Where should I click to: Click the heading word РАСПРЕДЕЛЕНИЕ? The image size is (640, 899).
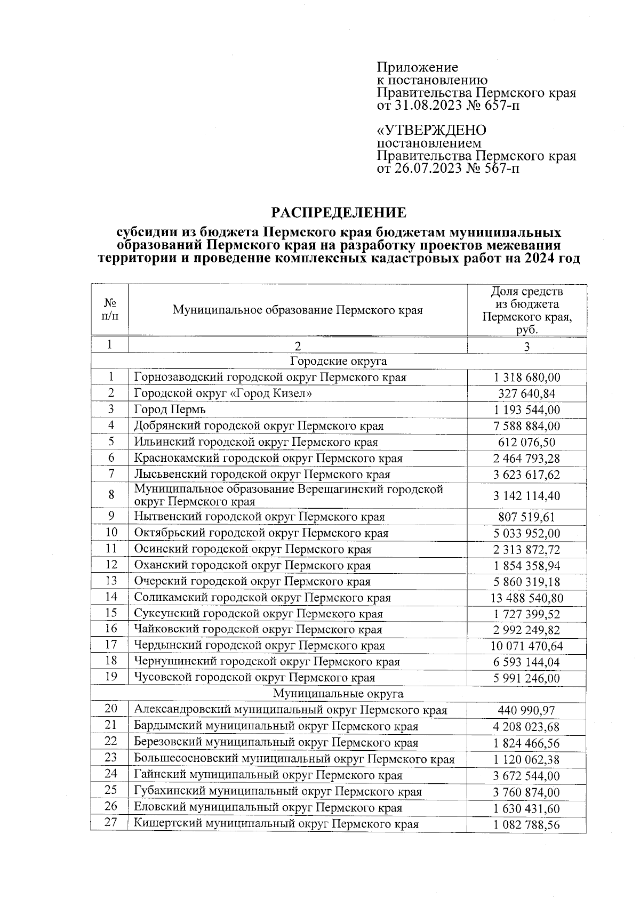pyautogui.click(x=339, y=213)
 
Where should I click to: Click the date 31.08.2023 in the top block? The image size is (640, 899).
pyautogui.click(x=427, y=106)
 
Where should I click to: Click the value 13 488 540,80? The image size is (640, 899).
pyautogui.click(x=526, y=598)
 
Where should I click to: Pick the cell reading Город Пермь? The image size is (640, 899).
pyautogui.click(x=170, y=410)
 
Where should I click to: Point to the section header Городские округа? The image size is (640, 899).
pyautogui.click(x=338, y=361)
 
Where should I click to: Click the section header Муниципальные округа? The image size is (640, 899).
pyautogui.click(x=338, y=694)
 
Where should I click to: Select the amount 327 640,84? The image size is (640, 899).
pyautogui.click(x=526, y=394)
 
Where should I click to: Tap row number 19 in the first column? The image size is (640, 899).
pyautogui.click(x=110, y=677)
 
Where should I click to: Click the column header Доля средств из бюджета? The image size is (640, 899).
pyautogui.click(x=526, y=310)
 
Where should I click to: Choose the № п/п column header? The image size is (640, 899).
pyautogui.click(x=110, y=310)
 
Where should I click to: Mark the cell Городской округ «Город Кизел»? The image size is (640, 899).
pyautogui.click(x=223, y=394)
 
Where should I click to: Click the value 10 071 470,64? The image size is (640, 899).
pyautogui.click(x=526, y=646)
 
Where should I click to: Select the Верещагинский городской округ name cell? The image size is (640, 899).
pyautogui.click(x=288, y=495)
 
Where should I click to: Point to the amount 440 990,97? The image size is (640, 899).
pyautogui.click(x=526, y=710)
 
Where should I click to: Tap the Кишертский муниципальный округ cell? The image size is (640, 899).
pyautogui.click(x=276, y=824)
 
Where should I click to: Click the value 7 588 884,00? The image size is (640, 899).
pyautogui.click(x=526, y=426)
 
